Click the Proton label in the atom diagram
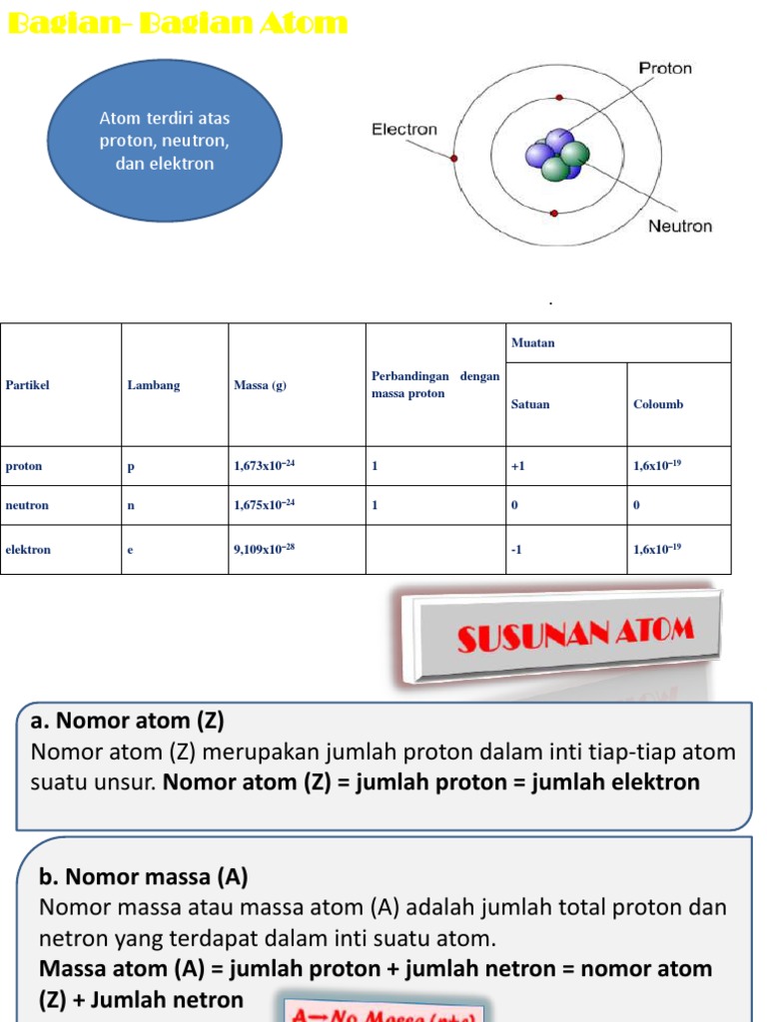coord(664,69)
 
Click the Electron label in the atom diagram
coord(404,129)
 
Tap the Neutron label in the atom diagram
coord(680,226)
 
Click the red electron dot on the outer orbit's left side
coord(454,159)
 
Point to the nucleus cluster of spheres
coord(555,156)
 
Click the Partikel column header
coord(27,385)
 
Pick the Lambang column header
coord(153,385)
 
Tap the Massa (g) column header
coord(260,385)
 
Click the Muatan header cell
coord(532,342)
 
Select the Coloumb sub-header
coord(658,404)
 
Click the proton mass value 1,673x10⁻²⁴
coord(265,465)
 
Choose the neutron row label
coord(27,505)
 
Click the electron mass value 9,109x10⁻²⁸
coord(265,549)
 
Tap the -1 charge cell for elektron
coord(517,549)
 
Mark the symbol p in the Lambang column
coord(131,466)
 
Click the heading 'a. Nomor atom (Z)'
coord(128,721)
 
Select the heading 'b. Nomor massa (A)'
coord(143,877)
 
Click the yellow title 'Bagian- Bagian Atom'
coord(178,23)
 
